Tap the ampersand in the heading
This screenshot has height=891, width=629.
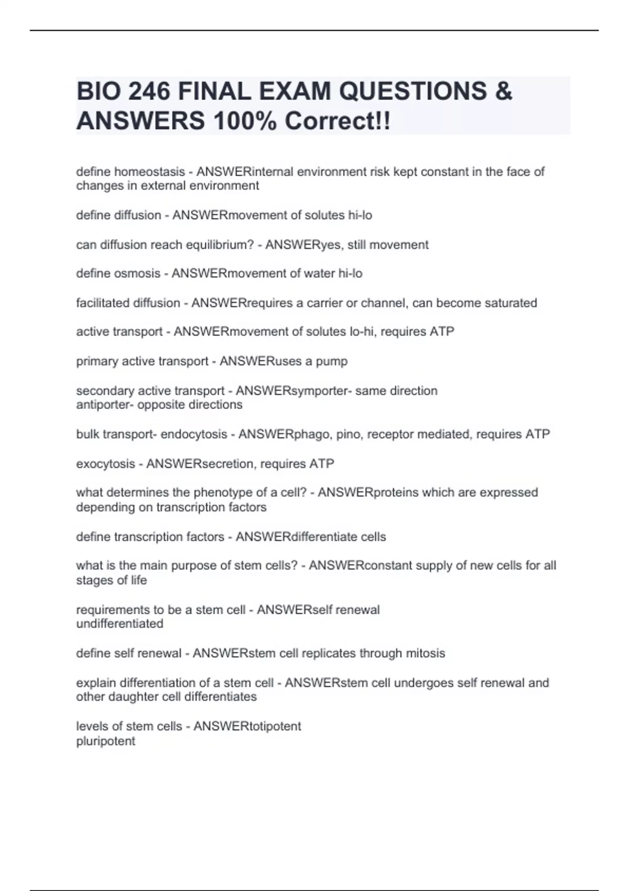(503, 92)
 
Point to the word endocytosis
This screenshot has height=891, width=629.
(194, 434)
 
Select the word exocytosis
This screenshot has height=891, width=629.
(105, 464)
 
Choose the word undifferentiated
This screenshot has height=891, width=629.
(120, 624)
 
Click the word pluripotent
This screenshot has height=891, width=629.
(105, 741)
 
